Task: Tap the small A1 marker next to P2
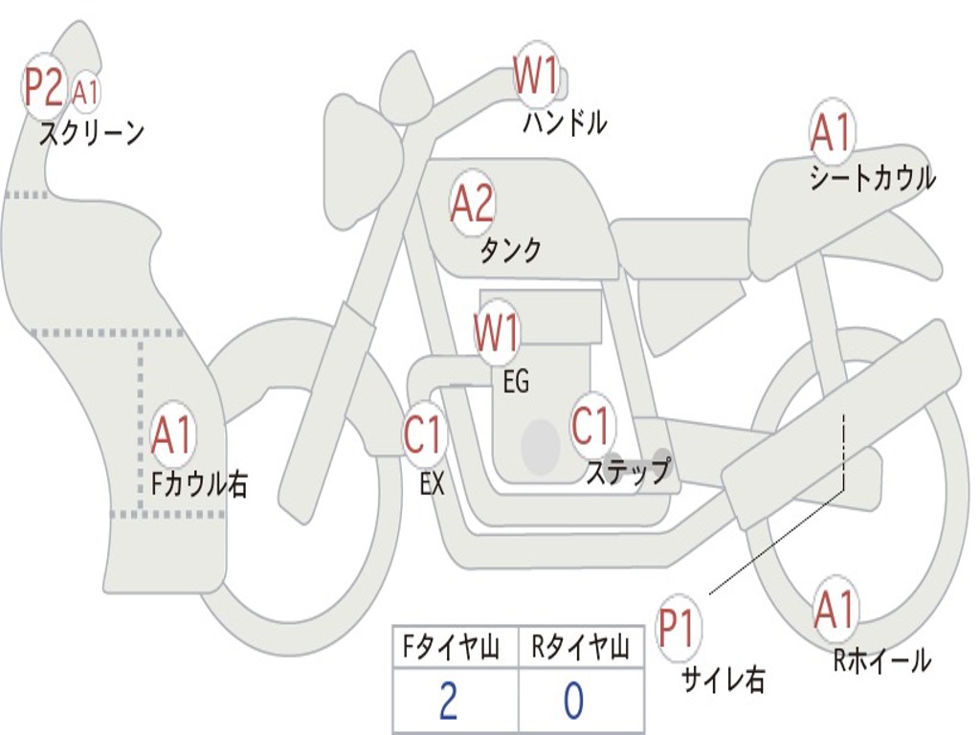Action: pos(85,92)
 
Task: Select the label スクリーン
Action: pos(92,132)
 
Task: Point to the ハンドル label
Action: pos(565,122)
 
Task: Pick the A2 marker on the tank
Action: pos(472,203)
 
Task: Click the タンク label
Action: pos(510,250)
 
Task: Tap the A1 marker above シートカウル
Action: pos(831,133)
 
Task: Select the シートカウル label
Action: pos(872,178)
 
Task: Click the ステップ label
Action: pos(628,472)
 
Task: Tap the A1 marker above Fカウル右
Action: pos(173,435)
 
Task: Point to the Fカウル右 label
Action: pos(200,483)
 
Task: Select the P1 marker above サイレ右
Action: pos(677,628)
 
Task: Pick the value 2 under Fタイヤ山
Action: pos(447,701)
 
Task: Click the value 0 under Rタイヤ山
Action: pos(573,701)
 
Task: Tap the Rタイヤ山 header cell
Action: pos(580,649)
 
